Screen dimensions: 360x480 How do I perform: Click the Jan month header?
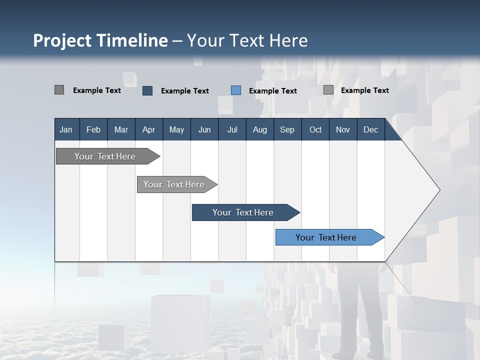pos(66,129)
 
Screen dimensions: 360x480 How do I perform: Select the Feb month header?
pos(93,129)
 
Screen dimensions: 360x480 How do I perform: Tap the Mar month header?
pos(121,129)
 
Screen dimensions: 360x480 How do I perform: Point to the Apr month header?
pos(148,129)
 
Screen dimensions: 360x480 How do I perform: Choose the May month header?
pos(176,129)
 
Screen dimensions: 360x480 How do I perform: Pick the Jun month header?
pos(204,129)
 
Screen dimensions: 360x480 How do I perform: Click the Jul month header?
pos(232,129)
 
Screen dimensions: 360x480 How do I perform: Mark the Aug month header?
pos(259,129)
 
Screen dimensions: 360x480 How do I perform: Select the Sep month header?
pos(287,129)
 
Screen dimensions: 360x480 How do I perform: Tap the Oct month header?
pos(315,129)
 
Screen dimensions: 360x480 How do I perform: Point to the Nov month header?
pos(343,129)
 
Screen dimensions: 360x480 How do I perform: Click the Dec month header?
pos(370,129)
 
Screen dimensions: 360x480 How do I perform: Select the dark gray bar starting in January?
pos(105,156)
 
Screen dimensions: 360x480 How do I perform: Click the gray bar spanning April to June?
pos(174,184)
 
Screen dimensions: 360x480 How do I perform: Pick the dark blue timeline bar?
pos(243,212)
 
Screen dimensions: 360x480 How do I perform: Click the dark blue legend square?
pos(147,90)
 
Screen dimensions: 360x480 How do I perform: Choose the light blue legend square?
pos(236,90)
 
